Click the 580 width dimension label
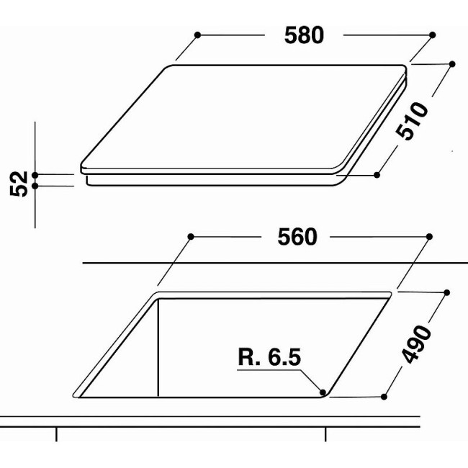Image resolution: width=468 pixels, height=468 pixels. pyautogui.click(x=304, y=35)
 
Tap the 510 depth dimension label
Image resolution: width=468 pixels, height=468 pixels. pyautogui.click(x=412, y=120)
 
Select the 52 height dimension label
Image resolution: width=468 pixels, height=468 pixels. pyautogui.click(x=19, y=184)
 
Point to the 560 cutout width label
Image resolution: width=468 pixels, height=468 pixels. pyautogui.click(x=297, y=237)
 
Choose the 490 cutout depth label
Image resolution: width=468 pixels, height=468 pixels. pyautogui.click(x=416, y=344)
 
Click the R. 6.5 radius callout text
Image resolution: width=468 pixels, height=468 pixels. pyautogui.click(x=269, y=357)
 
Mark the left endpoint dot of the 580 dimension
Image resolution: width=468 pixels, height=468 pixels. pyautogui.click(x=197, y=35)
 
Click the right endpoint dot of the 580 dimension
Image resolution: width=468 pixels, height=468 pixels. pyautogui.click(x=432, y=35)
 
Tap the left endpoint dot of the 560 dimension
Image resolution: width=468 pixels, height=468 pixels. pyautogui.click(x=191, y=237)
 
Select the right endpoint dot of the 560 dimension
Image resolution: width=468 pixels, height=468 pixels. pyautogui.click(x=429, y=237)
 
